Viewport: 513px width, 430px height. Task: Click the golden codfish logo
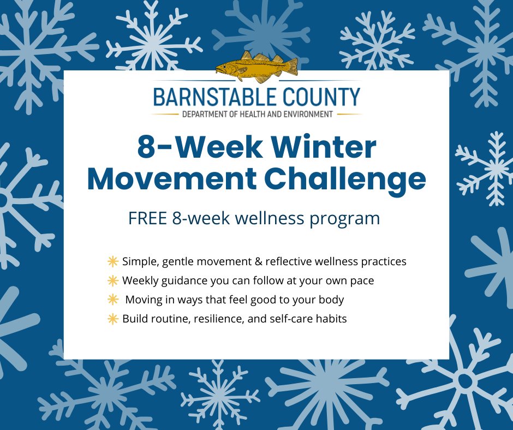[256, 67]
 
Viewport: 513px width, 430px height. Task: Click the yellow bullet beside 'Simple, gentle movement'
[113, 261]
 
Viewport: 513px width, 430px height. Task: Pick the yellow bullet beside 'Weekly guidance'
[113, 281]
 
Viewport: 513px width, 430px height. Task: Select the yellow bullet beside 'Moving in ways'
[113, 300]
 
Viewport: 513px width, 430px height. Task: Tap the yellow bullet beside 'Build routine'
[113, 319]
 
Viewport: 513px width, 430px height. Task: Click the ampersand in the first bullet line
[258, 261]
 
